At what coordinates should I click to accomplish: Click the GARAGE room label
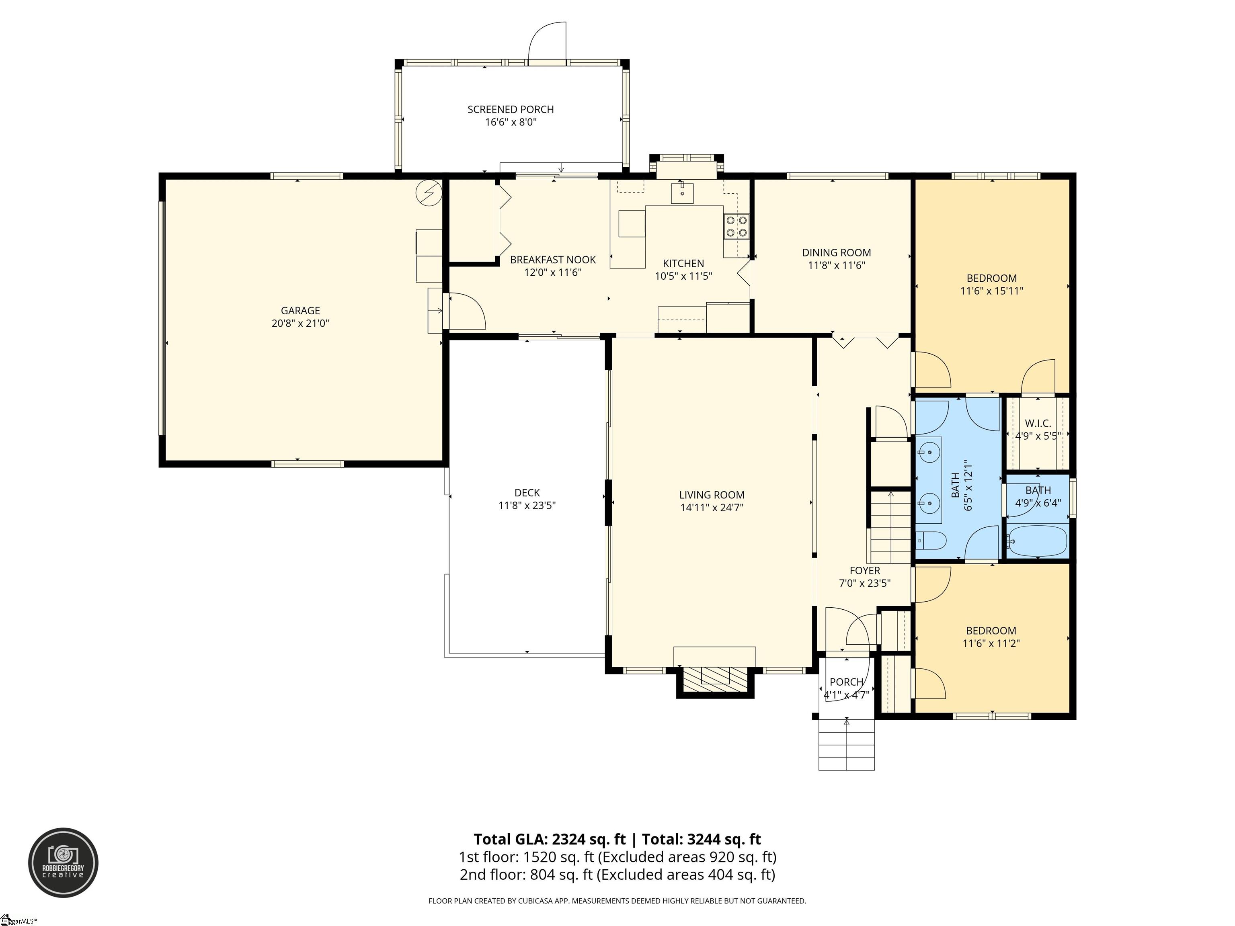pos(300,310)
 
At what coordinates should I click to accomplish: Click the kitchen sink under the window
pos(682,193)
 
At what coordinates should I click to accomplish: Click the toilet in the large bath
pos(931,540)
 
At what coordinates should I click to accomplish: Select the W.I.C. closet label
pos(1038,424)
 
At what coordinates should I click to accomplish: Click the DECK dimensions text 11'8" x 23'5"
pos(527,506)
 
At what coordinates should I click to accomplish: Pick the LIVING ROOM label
pos(712,494)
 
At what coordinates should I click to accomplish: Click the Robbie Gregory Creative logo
pos(63,863)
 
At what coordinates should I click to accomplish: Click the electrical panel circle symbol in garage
pos(429,193)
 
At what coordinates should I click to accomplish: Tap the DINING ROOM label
pos(836,252)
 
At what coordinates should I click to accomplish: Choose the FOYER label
pos(865,570)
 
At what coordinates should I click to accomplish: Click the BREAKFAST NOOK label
pos(553,260)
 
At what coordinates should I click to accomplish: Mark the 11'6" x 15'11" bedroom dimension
pos(991,291)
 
